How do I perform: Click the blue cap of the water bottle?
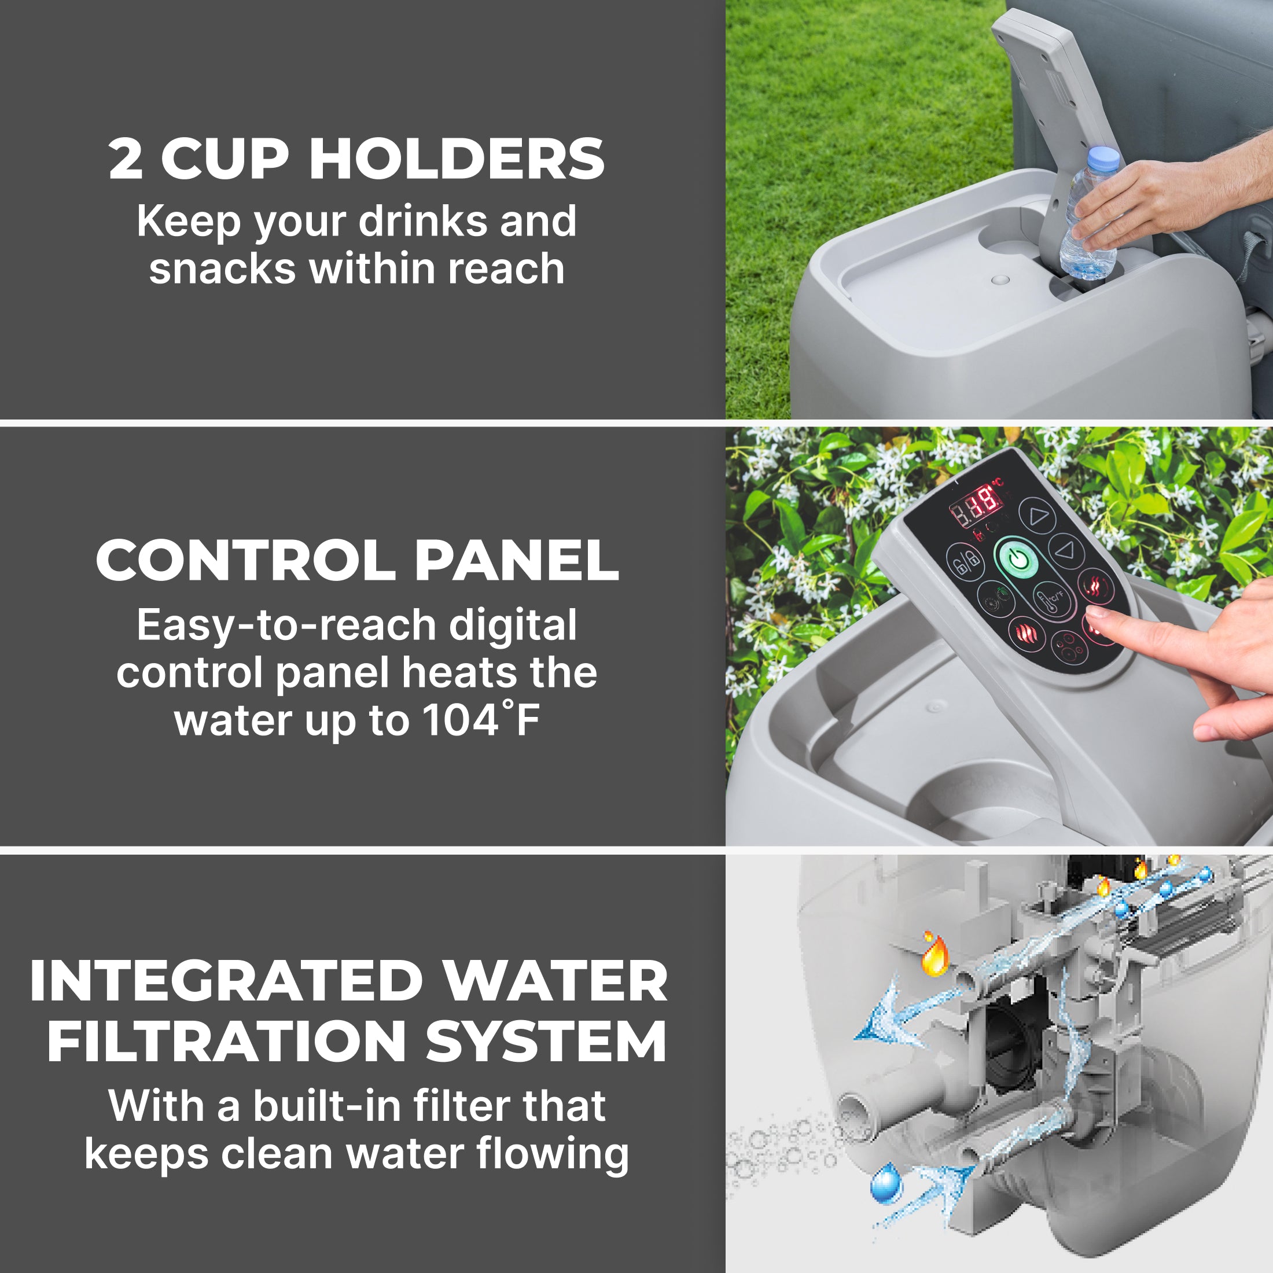pyautogui.click(x=1103, y=159)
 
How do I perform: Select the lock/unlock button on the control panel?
pyautogui.click(x=965, y=562)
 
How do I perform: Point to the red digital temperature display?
pyautogui.click(x=977, y=506)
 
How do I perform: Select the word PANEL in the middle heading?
pyautogui.click(x=517, y=561)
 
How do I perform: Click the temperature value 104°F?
pyautogui.click(x=480, y=720)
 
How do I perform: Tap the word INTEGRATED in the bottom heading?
pyautogui.click(x=226, y=981)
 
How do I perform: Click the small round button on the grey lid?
pyautogui.click(x=1000, y=280)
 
